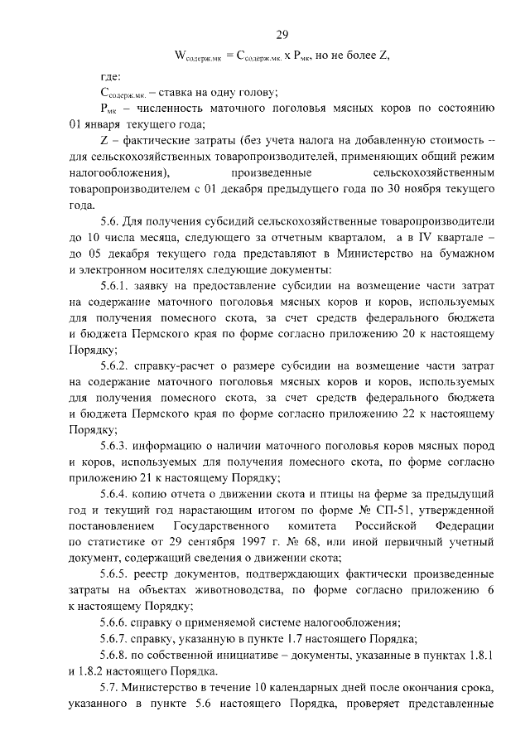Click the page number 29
tap(281, 35)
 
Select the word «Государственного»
tap(223, 525)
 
